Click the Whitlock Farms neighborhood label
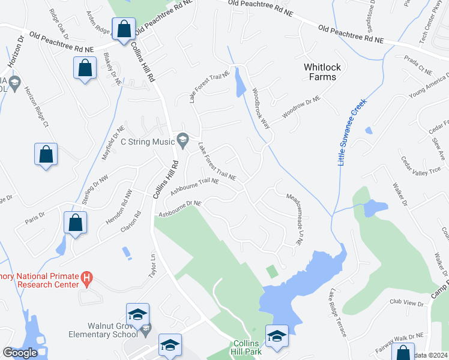pos(319,72)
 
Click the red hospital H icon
pos(87,279)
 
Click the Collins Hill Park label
pos(247,347)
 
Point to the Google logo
pos(20,353)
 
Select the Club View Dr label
pos(406,304)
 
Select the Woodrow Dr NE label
pos(301,108)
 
